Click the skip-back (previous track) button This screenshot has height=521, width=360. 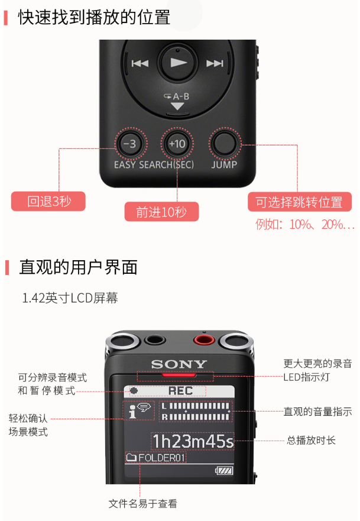pyautogui.click(x=140, y=63)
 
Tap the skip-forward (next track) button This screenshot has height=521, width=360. pyautogui.click(x=215, y=63)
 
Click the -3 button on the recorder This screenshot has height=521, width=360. pyautogui.click(x=131, y=144)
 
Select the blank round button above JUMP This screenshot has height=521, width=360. pyautogui.click(x=225, y=144)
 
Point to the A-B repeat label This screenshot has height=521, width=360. pyautogui.click(x=177, y=97)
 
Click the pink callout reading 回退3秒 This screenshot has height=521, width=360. pyautogui.click(x=48, y=201)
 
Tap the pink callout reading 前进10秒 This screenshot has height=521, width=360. pyautogui.click(x=162, y=212)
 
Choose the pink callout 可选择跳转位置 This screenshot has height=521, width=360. pyautogui.click(x=300, y=202)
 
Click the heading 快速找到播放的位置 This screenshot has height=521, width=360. pyautogui.click(x=95, y=17)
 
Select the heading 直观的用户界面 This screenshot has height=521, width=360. pyautogui.click(x=79, y=267)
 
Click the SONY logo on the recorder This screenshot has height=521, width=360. pyautogui.click(x=179, y=364)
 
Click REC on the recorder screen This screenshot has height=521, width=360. pyautogui.click(x=180, y=391)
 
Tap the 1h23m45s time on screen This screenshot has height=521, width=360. pyautogui.click(x=193, y=441)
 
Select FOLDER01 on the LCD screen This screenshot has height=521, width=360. pyautogui.click(x=161, y=458)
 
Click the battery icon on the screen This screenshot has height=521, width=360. pyautogui.click(x=224, y=471)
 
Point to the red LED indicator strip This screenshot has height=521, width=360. pyautogui.click(x=179, y=375)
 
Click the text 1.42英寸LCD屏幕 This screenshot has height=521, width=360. pyautogui.click(x=70, y=298)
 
